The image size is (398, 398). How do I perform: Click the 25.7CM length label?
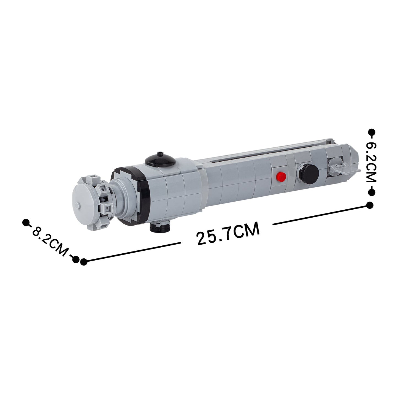[x=228, y=233]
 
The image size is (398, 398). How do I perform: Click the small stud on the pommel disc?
[x=77, y=205]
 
